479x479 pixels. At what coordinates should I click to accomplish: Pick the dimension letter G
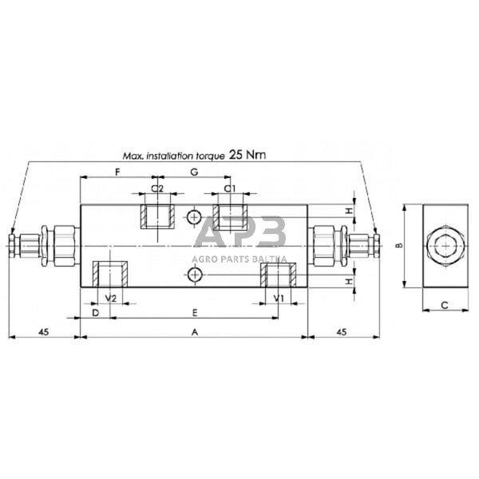point(192,172)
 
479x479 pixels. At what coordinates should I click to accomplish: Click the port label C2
point(158,188)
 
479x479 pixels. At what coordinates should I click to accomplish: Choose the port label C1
point(230,188)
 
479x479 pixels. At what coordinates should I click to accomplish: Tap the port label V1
point(279,298)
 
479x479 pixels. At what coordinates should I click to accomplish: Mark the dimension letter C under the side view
point(444,304)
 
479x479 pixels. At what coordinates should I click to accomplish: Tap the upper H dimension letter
point(350,211)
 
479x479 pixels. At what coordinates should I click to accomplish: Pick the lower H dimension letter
point(350,282)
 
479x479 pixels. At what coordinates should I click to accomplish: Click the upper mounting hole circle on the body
point(193,218)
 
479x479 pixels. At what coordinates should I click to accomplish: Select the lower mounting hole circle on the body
point(195,275)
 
